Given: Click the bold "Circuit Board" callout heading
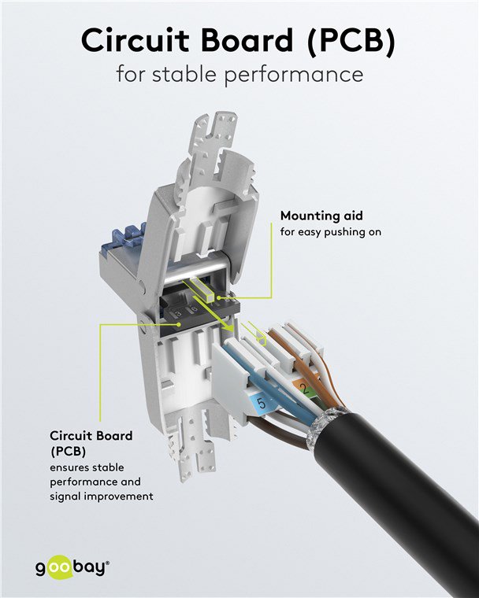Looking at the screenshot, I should (x=91, y=434).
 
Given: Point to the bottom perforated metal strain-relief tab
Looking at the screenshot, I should (x=194, y=456).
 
